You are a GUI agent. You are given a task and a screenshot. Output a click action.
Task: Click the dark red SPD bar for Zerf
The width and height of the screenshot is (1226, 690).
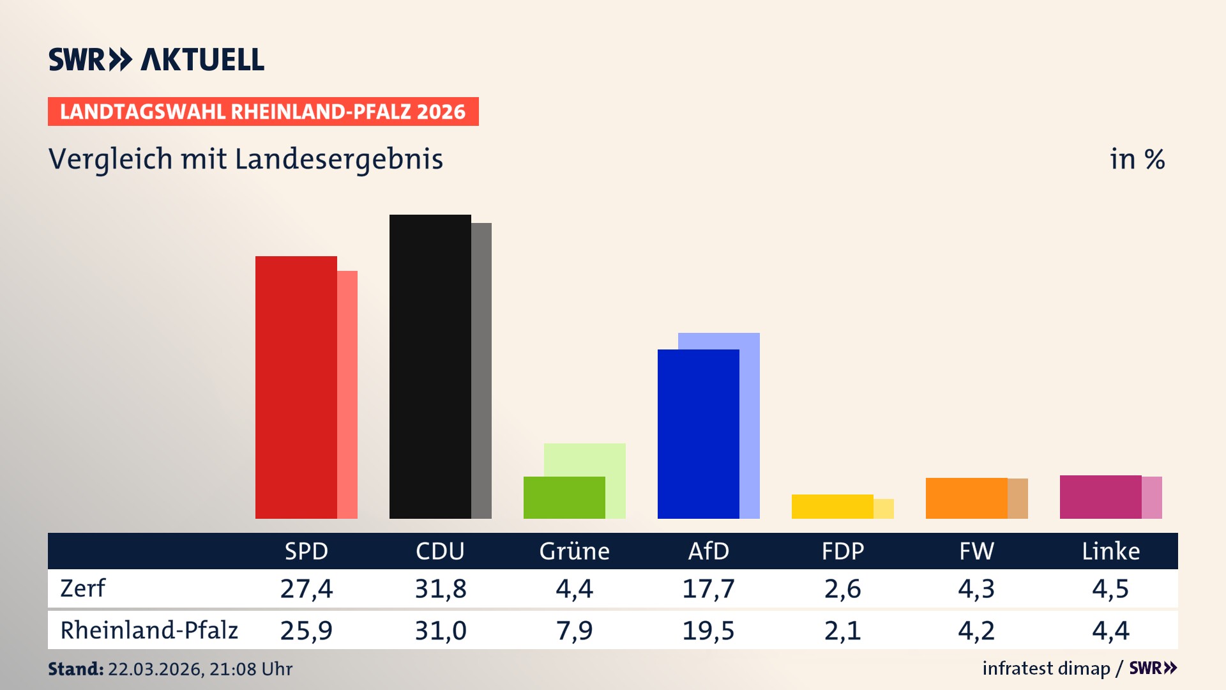(x=296, y=387)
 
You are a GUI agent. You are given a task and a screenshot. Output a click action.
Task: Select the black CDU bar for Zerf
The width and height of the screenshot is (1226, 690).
(x=430, y=367)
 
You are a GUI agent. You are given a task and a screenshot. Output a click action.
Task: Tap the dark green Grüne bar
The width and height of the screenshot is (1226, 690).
(x=564, y=498)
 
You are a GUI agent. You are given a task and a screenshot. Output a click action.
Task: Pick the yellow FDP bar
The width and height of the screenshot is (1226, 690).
(x=832, y=507)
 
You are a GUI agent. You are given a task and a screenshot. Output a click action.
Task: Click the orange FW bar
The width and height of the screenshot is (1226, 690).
(x=966, y=498)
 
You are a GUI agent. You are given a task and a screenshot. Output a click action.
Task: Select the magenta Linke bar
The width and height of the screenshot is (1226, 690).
(x=1100, y=497)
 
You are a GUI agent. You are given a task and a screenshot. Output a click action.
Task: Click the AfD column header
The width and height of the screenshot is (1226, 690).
(x=708, y=551)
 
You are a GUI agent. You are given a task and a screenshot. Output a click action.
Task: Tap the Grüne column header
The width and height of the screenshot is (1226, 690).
(x=574, y=551)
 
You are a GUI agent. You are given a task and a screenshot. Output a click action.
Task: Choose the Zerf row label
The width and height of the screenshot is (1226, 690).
(x=82, y=588)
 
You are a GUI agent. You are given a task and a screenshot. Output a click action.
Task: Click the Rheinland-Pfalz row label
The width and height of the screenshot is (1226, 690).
(x=149, y=631)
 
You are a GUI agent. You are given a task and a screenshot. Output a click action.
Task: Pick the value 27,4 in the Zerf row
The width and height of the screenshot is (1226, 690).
(x=306, y=588)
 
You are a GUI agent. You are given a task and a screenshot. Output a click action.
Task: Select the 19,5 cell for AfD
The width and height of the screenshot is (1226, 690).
(x=708, y=631)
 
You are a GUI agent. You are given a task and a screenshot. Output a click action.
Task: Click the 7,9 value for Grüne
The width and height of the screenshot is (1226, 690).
(x=574, y=631)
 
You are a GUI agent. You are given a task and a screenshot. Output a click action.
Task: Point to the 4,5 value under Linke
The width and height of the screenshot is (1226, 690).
(x=1110, y=588)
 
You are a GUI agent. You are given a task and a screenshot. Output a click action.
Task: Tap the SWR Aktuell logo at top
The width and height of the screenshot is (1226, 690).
(x=156, y=59)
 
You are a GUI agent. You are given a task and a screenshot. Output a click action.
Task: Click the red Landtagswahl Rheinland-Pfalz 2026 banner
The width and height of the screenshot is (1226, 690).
(x=263, y=112)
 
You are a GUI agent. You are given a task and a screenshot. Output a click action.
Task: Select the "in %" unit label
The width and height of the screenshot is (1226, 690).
(x=1137, y=159)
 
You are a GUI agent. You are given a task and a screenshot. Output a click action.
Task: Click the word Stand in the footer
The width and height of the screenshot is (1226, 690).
(x=75, y=669)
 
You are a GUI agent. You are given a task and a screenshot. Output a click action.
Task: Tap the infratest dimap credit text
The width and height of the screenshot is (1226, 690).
(x=1046, y=668)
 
